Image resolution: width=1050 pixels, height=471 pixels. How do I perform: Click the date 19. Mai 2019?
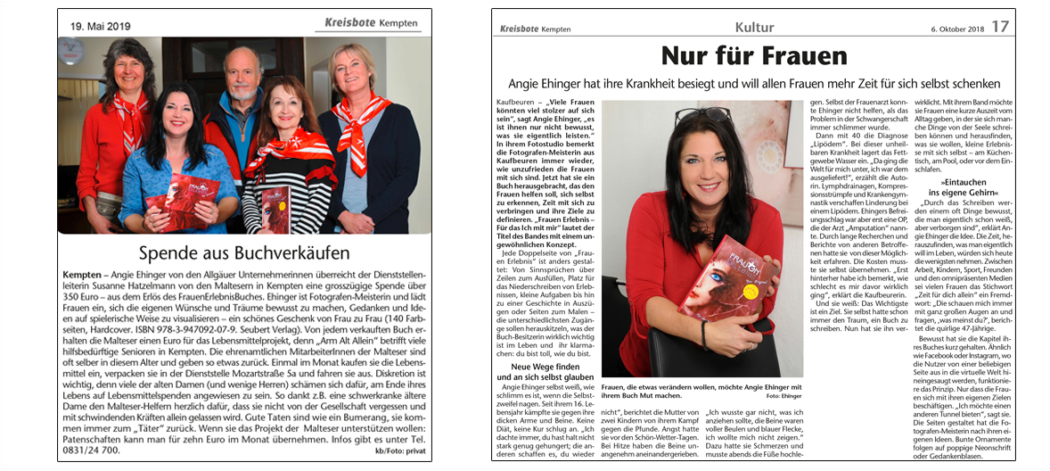(x=101, y=27)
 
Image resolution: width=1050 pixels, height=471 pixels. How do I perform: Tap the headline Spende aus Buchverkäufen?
(x=243, y=252)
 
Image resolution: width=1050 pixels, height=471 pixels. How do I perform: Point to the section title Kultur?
(x=754, y=28)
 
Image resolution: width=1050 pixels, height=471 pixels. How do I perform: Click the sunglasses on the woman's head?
(x=690, y=115)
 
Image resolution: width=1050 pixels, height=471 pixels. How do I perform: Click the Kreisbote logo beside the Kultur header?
(x=521, y=29)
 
